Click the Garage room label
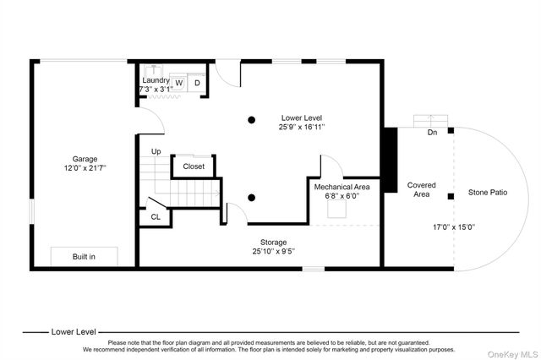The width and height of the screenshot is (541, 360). pyautogui.click(x=85, y=159)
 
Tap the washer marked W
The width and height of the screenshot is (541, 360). pyautogui.click(x=178, y=83)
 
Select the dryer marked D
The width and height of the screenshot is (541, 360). pyautogui.click(x=197, y=83)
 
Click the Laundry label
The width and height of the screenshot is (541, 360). pyautogui.click(x=156, y=80)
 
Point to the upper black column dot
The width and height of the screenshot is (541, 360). pyautogui.click(x=252, y=120)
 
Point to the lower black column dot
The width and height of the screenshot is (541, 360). pyautogui.click(x=252, y=198)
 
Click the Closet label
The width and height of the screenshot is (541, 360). pyautogui.click(x=194, y=166)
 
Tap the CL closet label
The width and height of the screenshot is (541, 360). pyautogui.click(x=156, y=217)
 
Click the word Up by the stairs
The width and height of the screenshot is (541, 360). pyautogui.click(x=156, y=151)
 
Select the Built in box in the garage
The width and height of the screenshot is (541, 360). pyautogui.click(x=85, y=257)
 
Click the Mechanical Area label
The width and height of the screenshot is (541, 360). pyautogui.click(x=342, y=187)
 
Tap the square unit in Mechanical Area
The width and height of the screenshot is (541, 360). pyautogui.click(x=336, y=209)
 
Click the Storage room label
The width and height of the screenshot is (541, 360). pyautogui.click(x=273, y=242)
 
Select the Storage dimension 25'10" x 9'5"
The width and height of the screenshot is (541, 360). pyautogui.click(x=273, y=251)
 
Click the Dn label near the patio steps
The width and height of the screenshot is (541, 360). pyautogui.click(x=432, y=133)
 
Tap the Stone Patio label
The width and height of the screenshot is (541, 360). pyautogui.click(x=488, y=193)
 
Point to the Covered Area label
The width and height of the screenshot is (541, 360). pyautogui.click(x=421, y=189)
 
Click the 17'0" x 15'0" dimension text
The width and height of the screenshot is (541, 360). pyautogui.click(x=454, y=227)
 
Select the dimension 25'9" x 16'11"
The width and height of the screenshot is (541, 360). pyautogui.click(x=302, y=127)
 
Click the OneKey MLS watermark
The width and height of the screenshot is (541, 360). pyautogui.click(x=512, y=354)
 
